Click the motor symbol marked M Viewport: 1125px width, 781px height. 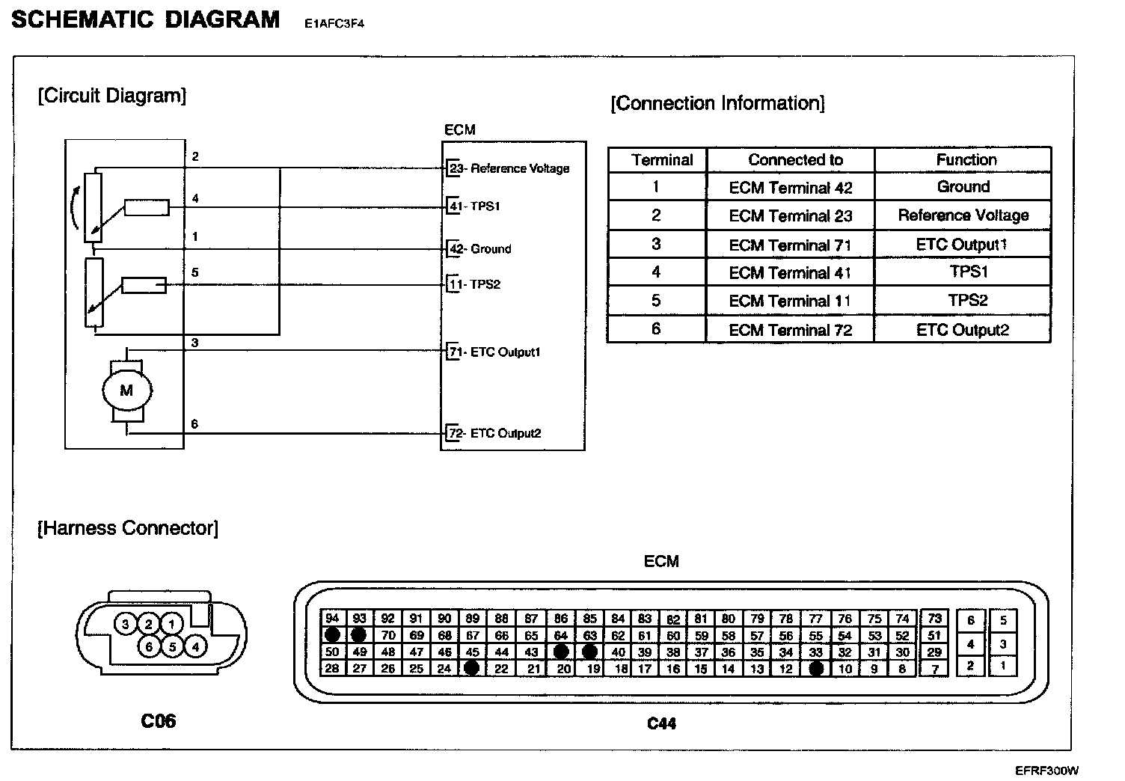click(x=126, y=390)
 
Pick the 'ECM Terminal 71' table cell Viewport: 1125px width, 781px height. click(x=790, y=245)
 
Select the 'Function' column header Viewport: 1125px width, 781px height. click(x=966, y=159)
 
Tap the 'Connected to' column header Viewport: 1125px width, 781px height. click(x=795, y=159)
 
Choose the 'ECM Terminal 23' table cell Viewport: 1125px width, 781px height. click(x=790, y=216)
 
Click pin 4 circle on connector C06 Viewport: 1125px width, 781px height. click(x=196, y=646)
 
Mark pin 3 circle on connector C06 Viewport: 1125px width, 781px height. click(x=126, y=624)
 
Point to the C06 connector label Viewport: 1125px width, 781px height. click(x=159, y=721)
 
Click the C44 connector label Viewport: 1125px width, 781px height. click(x=661, y=723)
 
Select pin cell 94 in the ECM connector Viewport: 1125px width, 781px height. click(x=332, y=619)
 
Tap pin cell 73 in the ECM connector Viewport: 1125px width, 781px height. click(x=934, y=619)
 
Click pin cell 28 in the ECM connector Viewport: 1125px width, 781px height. click(x=332, y=669)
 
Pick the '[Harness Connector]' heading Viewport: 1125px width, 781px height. click(x=128, y=528)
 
